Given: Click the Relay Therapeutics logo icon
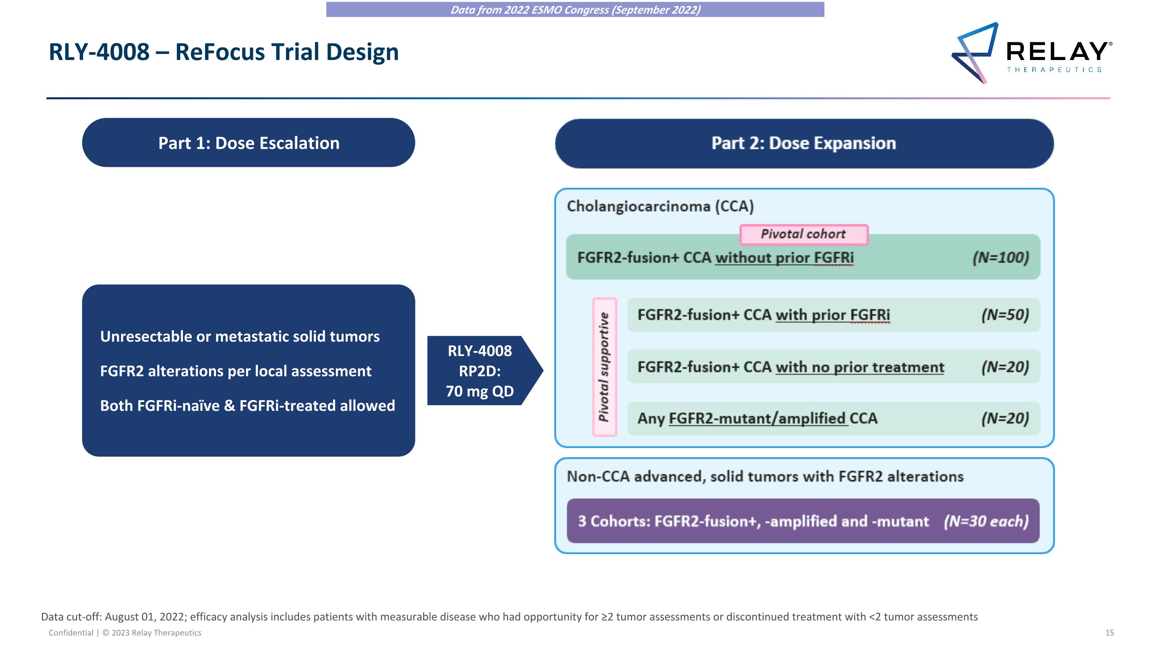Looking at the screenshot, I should click(x=975, y=53).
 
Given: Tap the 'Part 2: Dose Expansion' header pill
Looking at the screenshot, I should click(x=804, y=143).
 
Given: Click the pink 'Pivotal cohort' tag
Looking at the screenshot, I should click(x=803, y=234).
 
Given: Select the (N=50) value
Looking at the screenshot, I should click(x=1005, y=315).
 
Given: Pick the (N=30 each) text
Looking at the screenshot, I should click(x=986, y=521).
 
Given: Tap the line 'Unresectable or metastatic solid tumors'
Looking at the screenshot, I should click(x=239, y=336).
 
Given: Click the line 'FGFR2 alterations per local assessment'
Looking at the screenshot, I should click(x=236, y=371).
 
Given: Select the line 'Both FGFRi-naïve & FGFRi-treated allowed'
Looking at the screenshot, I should click(x=247, y=405).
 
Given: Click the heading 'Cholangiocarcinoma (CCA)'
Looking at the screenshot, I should click(x=660, y=206).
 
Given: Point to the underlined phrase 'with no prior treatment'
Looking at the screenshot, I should click(x=859, y=367).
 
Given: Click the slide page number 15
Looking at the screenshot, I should click(x=1109, y=632).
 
